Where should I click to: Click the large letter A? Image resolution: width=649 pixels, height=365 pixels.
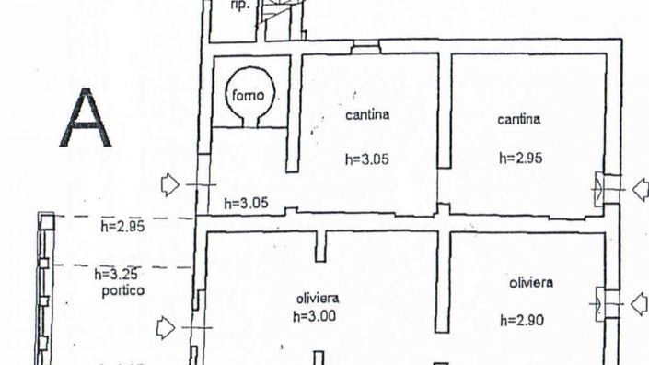coord(85,118)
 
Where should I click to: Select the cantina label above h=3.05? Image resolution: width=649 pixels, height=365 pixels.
coord(367,116)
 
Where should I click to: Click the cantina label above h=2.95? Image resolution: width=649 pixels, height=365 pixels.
coord(519,119)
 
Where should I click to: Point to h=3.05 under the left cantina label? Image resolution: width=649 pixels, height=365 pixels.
coord(367,159)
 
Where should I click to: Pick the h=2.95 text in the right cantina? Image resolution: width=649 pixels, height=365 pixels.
coord(520,158)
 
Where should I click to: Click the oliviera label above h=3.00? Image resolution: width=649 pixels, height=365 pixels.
coord(318,298)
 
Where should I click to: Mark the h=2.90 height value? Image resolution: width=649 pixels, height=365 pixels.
coord(522,320)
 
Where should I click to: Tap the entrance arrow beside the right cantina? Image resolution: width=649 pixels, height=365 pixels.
coord(640,190)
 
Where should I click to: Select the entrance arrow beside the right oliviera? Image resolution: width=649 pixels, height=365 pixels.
coord(640,302)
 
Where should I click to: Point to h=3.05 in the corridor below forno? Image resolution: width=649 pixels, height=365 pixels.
coord(246,203)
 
